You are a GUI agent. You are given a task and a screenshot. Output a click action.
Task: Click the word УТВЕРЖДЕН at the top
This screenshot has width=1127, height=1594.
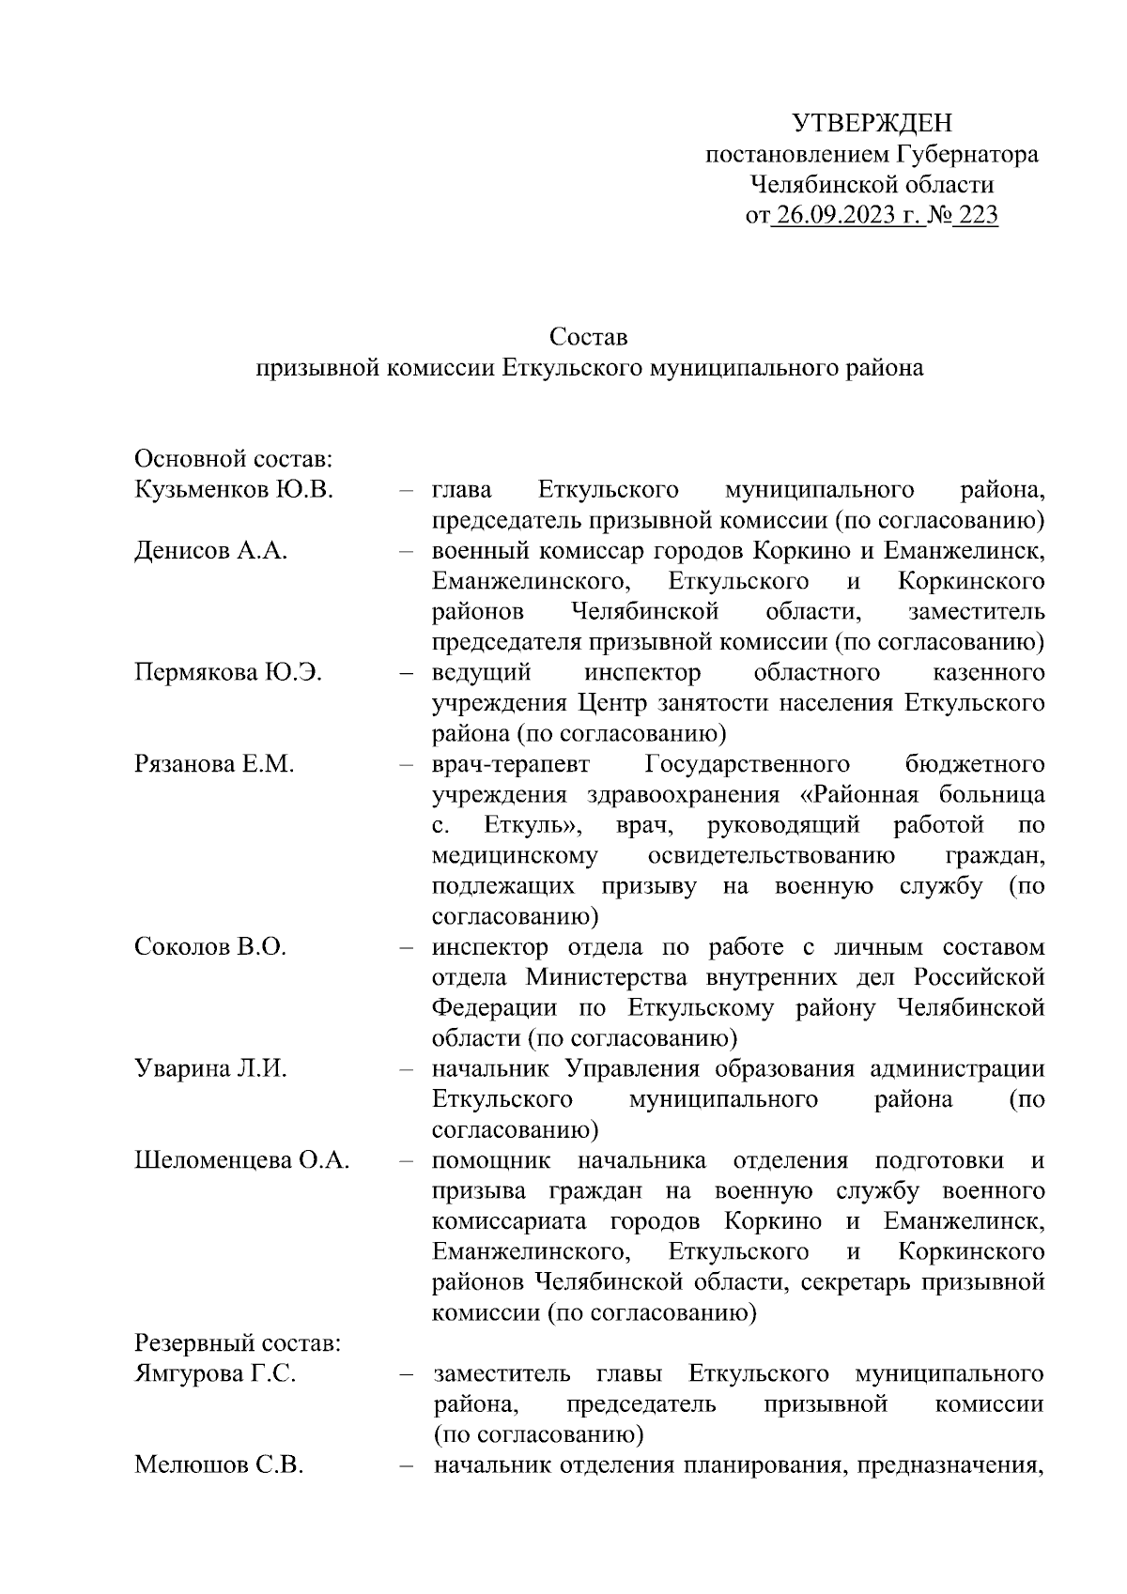click(872, 123)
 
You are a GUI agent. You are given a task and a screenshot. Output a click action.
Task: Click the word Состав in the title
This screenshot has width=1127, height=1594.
click(590, 336)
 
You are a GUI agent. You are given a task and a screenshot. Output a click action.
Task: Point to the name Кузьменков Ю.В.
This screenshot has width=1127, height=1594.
click(235, 489)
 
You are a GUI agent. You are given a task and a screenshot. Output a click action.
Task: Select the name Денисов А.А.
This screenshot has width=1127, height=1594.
click(211, 550)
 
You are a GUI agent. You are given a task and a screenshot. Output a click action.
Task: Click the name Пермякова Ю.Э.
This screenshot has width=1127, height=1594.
click(229, 672)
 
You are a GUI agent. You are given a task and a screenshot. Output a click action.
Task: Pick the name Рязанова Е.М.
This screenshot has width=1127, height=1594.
click(215, 764)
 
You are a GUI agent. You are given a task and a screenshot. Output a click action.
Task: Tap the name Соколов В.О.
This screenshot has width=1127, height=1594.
click(211, 946)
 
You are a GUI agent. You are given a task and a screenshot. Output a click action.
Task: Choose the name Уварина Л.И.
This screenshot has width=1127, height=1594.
click(211, 1068)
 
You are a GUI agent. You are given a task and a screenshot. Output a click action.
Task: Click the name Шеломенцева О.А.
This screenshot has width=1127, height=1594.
click(242, 1159)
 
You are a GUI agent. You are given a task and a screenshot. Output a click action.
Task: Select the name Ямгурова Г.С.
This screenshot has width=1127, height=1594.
click(216, 1373)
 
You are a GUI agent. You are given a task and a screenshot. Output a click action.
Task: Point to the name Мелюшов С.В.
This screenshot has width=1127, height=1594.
click(219, 1464)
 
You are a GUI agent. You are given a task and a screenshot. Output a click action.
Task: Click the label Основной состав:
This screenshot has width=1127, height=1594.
click(235, 459)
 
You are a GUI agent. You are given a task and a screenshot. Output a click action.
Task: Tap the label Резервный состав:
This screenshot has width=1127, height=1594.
click(238, 1342)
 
